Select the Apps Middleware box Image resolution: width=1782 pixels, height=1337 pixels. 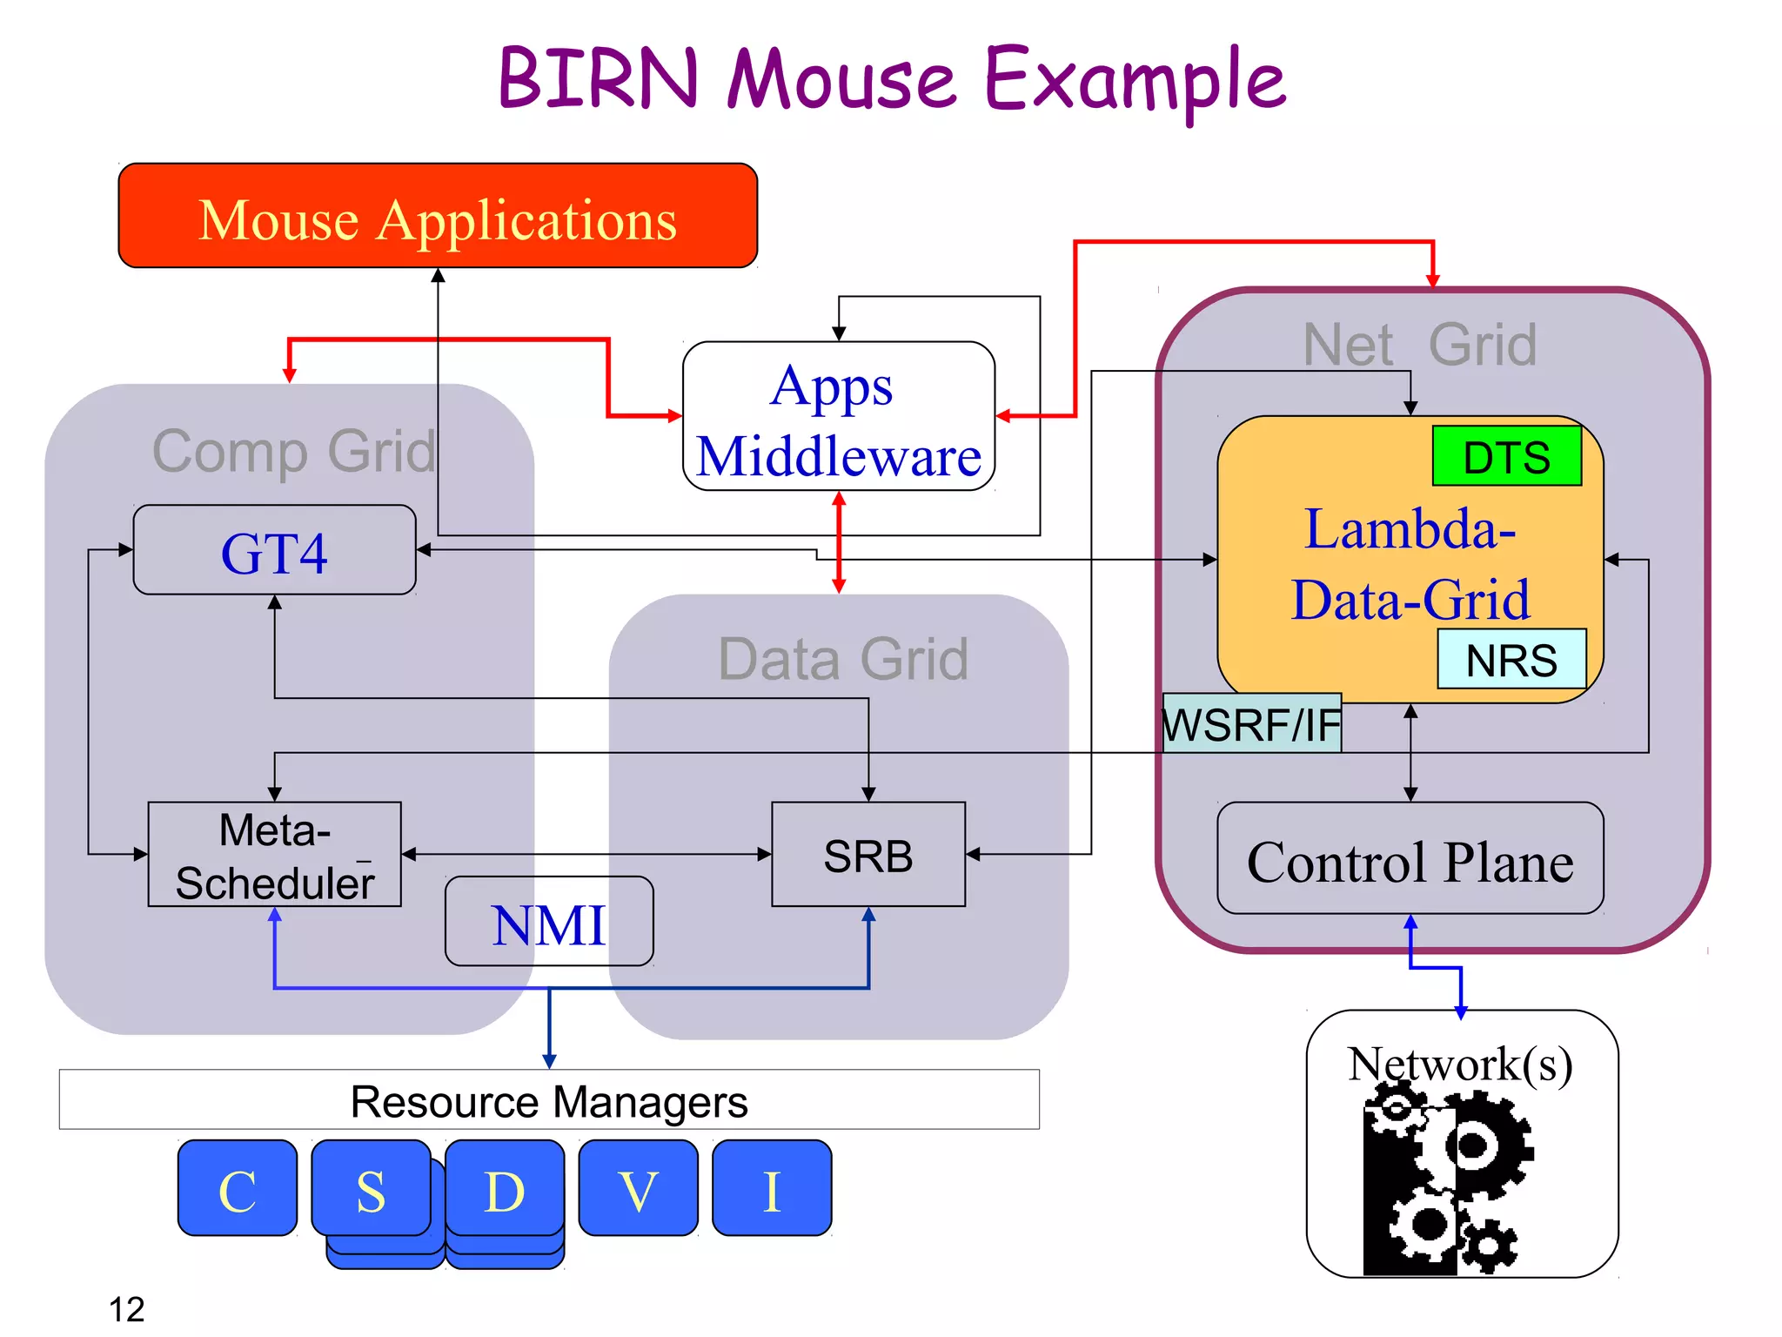838,417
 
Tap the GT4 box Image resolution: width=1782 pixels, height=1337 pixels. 274,551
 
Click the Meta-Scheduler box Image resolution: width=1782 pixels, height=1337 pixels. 274,855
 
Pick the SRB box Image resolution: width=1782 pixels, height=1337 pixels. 868,855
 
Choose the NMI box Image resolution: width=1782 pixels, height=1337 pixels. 548,923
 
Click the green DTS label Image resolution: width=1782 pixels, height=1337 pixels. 1506,456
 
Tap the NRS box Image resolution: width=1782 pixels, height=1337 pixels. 1511,660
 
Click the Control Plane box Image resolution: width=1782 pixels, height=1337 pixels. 1410,860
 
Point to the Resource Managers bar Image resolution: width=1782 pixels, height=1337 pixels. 548,1100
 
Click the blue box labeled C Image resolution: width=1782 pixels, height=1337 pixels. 238,1189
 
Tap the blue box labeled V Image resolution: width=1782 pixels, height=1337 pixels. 638,1189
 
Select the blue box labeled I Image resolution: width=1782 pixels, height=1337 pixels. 772,1189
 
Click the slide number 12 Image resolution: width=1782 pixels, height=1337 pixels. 126,1308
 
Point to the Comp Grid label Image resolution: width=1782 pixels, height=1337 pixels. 294,451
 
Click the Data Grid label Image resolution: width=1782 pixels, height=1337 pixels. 842,659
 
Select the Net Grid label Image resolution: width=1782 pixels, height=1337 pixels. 1420,345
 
